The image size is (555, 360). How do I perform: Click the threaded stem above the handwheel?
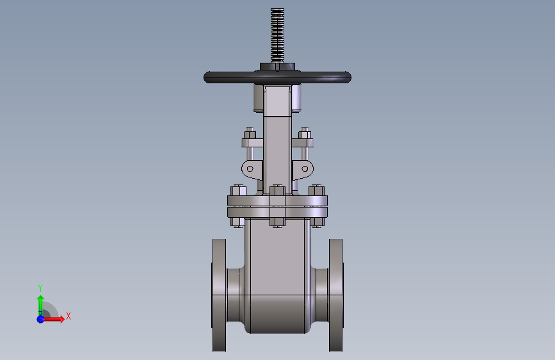click(x=277, y=35)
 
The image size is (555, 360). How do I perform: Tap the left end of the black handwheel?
click(x=204, y=78)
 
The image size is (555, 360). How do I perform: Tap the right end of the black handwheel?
click(x=350, y=78)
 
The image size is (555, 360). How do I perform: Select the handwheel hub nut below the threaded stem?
click(x=277, y=67)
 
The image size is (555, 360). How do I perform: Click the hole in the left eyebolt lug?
click(x=250, y=168)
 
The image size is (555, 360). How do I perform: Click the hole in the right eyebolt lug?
click(x=305, y=168)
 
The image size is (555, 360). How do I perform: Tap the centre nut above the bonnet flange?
click(x=277, y=191)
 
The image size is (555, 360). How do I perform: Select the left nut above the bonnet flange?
click(x=238, y=191)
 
